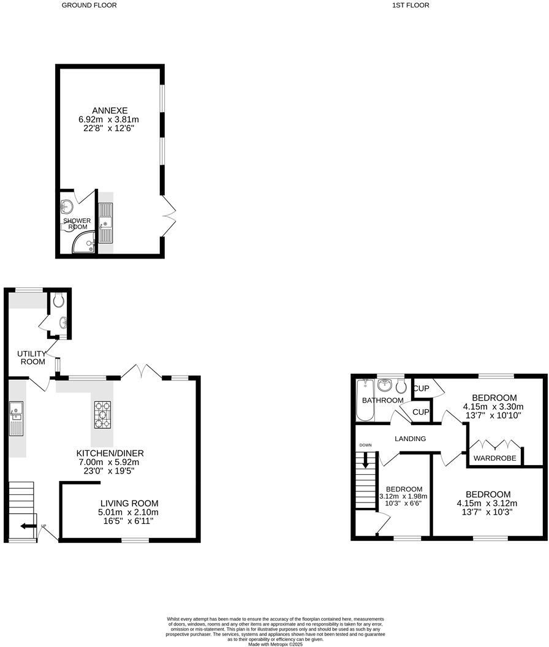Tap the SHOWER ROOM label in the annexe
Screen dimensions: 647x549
tap(77, 224)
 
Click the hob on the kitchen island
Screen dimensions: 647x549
tap(102, 414)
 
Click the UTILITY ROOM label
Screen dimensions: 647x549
tap(31, 358)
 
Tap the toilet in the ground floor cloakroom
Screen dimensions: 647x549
tap(58, 300)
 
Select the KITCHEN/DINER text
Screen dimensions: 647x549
tap(110, 453)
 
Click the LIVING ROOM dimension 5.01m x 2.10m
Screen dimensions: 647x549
tap(128, 512)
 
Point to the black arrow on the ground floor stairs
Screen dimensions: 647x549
tap(26, 526)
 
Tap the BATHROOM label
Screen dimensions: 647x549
tap(383, 400)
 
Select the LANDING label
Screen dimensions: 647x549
tap(411, 439)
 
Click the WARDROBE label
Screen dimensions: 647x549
tap(495, 458)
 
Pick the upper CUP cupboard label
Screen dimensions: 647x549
tap(421, 388)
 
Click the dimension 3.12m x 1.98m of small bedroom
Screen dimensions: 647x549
tap(403, 496)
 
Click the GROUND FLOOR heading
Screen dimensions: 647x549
tap(89, 5)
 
